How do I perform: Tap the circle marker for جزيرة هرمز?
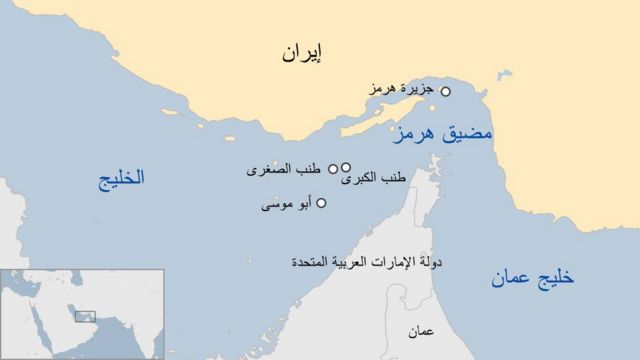445,91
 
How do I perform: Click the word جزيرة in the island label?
421,89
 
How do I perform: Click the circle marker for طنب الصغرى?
333,169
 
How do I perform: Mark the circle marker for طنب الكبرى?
346,168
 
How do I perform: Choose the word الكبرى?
361,179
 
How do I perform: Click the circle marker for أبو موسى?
321,203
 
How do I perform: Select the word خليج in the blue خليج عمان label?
555,279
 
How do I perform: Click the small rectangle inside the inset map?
85,315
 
